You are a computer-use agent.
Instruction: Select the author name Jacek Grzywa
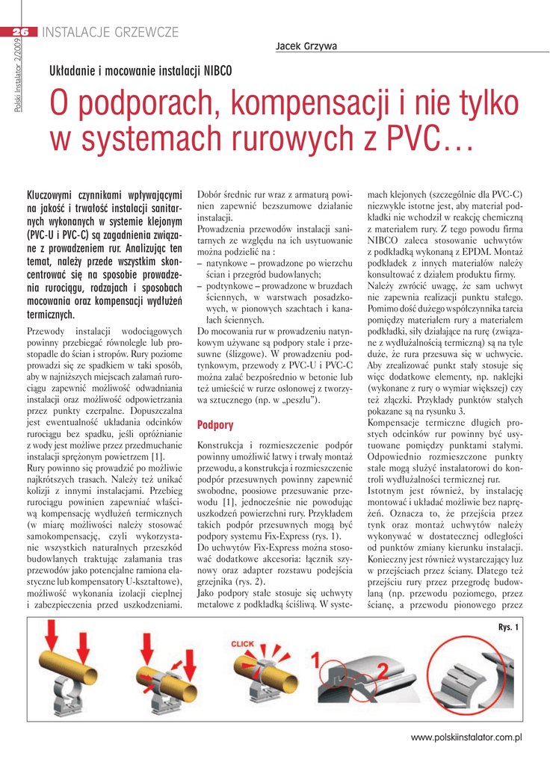tap(306, 46)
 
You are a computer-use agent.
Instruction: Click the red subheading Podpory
tap(214, 425)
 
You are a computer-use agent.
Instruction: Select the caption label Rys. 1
tap(508, 625)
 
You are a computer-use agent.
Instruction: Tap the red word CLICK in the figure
tap(242, 643)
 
